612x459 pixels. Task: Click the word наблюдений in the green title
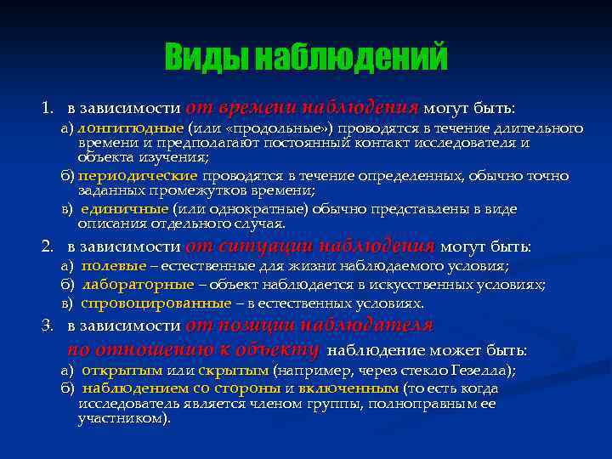[x=350, y=58]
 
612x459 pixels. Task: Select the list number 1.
[x=48, y=109]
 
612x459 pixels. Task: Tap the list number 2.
[x=48, y=246]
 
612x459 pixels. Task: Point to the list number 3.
[x=48, y=326]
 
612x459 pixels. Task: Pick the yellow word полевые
[x=113, y=266]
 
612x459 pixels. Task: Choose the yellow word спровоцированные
[x=156, y=303]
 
